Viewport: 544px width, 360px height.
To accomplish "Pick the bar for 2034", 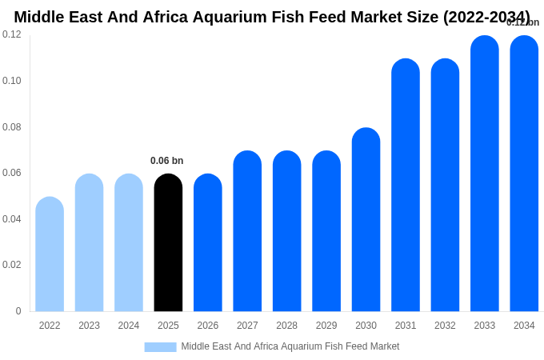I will click(x=524, y=174).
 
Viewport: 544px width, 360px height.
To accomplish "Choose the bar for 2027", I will click(x=247, y=231).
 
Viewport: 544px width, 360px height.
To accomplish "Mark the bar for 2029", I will click(x=326, y=231).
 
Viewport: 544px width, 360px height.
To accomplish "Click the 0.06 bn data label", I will click(x=166, y=161).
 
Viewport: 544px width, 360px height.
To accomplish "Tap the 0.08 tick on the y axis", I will click(x=12, y=127).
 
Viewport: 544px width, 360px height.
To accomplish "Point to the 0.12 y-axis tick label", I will click(x=12, y=34).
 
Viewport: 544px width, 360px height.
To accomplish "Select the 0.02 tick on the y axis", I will click(x=12, y=265).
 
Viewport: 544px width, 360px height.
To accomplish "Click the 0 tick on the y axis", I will click(x=18, y=311).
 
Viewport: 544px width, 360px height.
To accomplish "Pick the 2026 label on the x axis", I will click(x=208, y=326).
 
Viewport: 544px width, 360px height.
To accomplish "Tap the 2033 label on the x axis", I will click(x=485, y=326).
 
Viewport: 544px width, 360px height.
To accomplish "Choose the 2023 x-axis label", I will click(x=90, y=326).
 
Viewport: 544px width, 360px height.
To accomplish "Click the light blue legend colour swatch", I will click(x=160, y=347).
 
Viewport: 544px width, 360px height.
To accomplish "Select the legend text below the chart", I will click(x=290, y=346).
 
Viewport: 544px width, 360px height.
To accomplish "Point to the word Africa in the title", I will click(x=167, y=17).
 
